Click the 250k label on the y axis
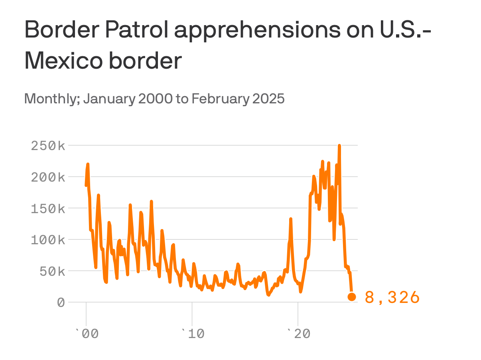(x=48, y=146)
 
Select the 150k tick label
(x=48, y=208)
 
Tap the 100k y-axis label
(x=48, y=240)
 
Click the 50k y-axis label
(x=52, y=271)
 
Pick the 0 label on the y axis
(x=61, y=303)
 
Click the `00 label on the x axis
(x=87, y=334)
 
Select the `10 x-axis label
(x=193, y=334)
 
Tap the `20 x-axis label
(x=298, y=334)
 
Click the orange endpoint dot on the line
(x=352, y=297)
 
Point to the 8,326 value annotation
(x=392, y=298)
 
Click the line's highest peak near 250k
(x=339, y=146)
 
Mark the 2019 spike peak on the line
(x=291, y=219)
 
